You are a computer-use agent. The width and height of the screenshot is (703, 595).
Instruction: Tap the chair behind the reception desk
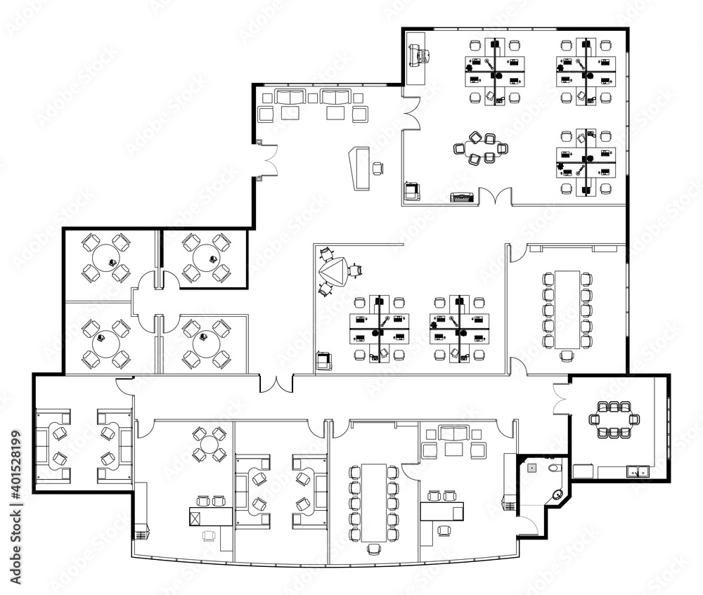(x=378, y=167)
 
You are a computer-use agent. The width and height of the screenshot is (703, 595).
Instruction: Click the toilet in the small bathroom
(x=553, y=466)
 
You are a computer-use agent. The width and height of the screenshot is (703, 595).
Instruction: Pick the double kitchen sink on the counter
(x=639, y=471)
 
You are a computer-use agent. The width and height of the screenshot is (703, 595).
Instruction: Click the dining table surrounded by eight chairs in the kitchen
(x=614, y=419)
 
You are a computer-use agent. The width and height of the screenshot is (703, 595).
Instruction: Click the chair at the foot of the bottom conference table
(x=374, y=549)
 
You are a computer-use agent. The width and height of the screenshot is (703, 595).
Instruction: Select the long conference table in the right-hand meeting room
(x=567, y=309)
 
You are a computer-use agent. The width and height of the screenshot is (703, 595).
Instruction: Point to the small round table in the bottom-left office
(x=209, y=445)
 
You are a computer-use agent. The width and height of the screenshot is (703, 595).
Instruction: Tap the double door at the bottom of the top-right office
(x=496, y=197)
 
